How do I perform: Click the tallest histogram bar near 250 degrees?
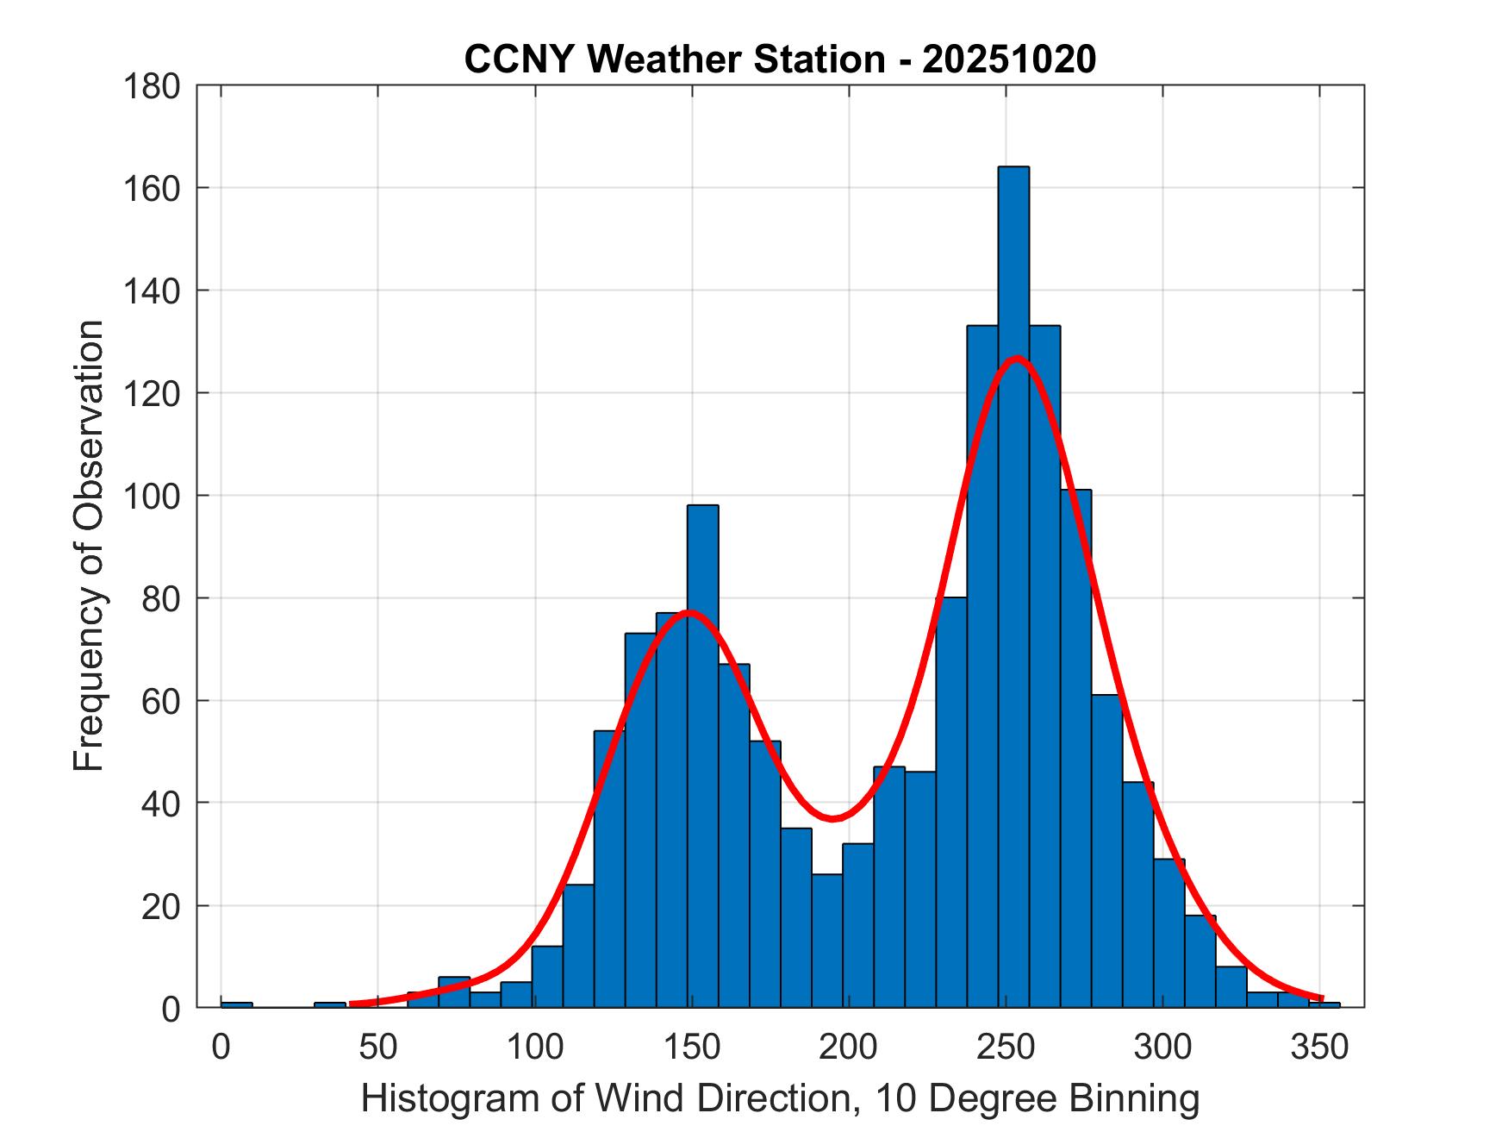[x=1013, y=586]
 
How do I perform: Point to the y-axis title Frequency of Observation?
[x=89, y=546]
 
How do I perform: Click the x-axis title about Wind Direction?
[x=779, y=1099]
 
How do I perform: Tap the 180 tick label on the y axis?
[x=153, y=86]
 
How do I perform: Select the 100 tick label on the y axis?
[x=153, y=496]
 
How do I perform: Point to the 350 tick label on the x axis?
[x=1319, y=1048]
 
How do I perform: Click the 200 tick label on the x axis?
[x=849, y=1048]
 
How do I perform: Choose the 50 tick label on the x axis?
[x=377, y=1048]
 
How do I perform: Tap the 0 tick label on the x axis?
[x=221, y=1048]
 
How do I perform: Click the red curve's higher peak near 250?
[x=1017, y=358]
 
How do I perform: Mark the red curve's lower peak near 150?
[x=688, y=613]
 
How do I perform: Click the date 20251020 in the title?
[x=1009, y=59]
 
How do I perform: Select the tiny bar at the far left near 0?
[x=237, y=1004]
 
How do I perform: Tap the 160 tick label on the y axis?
[x=153, y=188]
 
